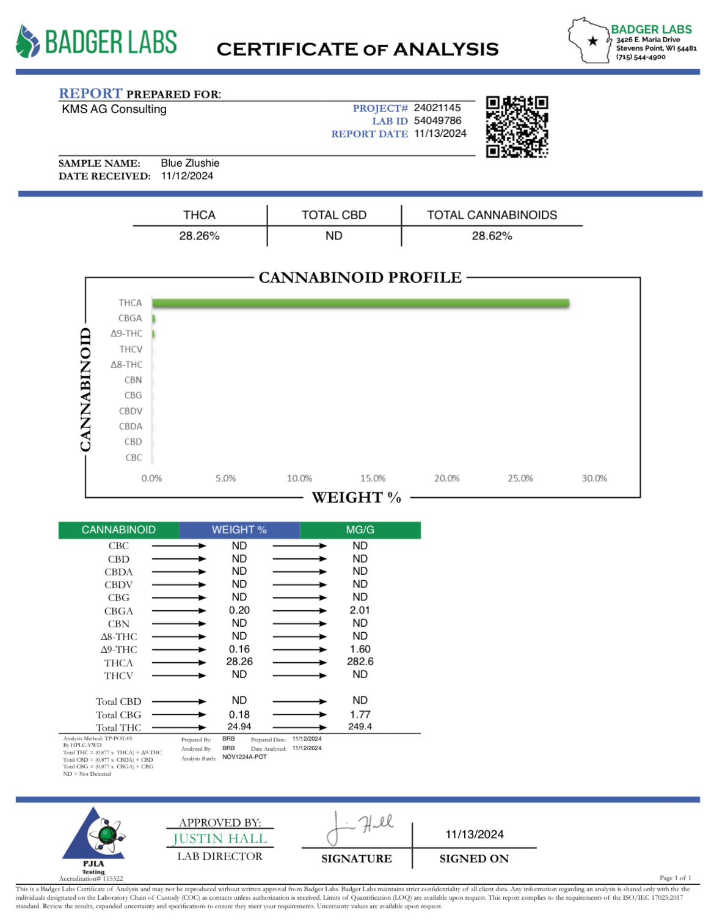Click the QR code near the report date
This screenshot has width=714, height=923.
pyautogui.click(x=517, y=127)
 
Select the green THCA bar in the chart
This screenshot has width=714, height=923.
pyautogui.click(x=360, y=303)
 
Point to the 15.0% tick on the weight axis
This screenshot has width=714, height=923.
pyautogui.click(x=373, y=478)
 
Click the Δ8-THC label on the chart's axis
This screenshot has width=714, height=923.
pyautogui.click(x=126, y=365)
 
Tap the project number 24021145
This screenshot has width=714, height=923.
pyautogui.click(x=437, y=108)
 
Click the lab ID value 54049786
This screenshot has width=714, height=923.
pyautogui.click(x=437, y=121)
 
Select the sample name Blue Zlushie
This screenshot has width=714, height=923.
pyautogui.click(x=190, y=163)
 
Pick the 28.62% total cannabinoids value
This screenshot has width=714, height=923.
pyautogui.click(x=492, y=236)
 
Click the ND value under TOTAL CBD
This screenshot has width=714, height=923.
pyautogui.click(x=333, y=236)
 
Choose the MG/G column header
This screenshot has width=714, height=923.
pyautogui.click(x=360, y=530)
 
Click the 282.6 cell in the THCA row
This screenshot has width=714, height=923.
pyautogui.click(x=360, y=662)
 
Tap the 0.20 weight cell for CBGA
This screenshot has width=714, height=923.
pyautogui.click(x=239, y=610)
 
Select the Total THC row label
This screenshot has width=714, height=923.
pyautogui.click(x=118, y=728)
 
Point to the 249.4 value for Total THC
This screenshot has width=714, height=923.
pyautogui.click(x=360, y=727)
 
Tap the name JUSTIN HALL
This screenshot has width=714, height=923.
pyautogui.click(x=220, y=839)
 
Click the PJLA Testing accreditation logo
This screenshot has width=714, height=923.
pyautogui.click(x=94, y=840)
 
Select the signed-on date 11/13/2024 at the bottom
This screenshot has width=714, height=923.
pyautogui.click(x=475, y=834)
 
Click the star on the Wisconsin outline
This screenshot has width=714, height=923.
pyautogui.click(x=592, y=42)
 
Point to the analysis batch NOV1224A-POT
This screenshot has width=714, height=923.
pyautogui.click(x=244, y=757)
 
